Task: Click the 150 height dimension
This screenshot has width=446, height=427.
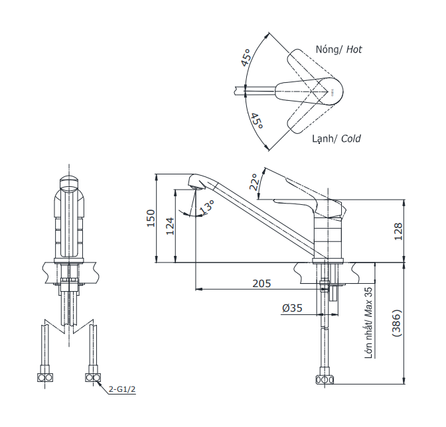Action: (151, 219)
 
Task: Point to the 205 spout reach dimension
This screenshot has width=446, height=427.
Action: (261, 283)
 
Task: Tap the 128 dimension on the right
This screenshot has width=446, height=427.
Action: (398, 231)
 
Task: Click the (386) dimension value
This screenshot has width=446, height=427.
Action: (396, 325)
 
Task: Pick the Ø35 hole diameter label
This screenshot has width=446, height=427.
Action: (292, 308)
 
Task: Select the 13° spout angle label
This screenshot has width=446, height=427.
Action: (208, 207)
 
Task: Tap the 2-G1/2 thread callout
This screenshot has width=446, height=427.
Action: (122, 389)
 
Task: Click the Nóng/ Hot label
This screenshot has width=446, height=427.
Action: (338, 50)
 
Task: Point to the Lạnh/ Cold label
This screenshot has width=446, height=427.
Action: (336, 139)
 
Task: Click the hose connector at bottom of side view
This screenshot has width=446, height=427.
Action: (326, 380)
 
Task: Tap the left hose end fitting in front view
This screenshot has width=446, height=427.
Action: (45, 378)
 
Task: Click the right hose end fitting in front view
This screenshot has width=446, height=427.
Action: (92, 378)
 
